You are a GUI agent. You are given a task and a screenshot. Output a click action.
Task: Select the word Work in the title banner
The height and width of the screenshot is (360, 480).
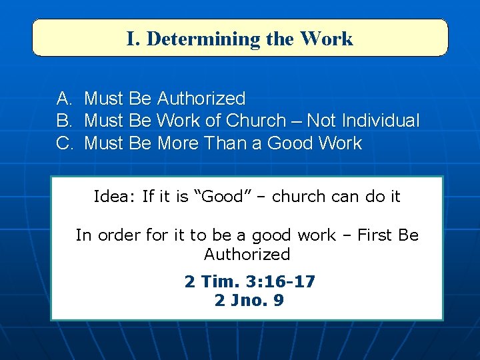pos(327,39)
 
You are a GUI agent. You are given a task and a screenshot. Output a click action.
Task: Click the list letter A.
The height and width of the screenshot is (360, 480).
pos(65,99)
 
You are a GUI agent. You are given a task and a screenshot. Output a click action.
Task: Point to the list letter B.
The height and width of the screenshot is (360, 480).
pos(65,121)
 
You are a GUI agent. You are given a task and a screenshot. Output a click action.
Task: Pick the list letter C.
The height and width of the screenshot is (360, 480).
pos(65,143)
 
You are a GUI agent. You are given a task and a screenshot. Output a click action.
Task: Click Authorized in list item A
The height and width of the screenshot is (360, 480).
pos(201,99)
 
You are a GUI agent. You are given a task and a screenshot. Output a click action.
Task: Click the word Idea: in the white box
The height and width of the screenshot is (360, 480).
pos(115,197)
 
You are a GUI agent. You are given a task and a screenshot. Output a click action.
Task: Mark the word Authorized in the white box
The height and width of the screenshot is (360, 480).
pos(247,254)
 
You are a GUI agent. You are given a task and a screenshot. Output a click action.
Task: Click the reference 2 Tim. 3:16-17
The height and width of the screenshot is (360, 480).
pos(249,282)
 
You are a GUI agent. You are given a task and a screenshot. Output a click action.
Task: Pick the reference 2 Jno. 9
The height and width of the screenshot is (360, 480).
pos(249,301)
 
